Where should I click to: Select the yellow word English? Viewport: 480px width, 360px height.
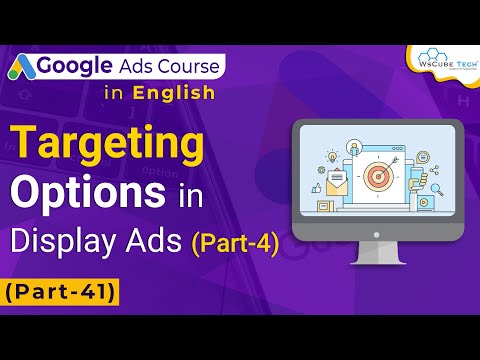click(175, 93)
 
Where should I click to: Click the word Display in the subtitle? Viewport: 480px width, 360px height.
click(76, 240)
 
